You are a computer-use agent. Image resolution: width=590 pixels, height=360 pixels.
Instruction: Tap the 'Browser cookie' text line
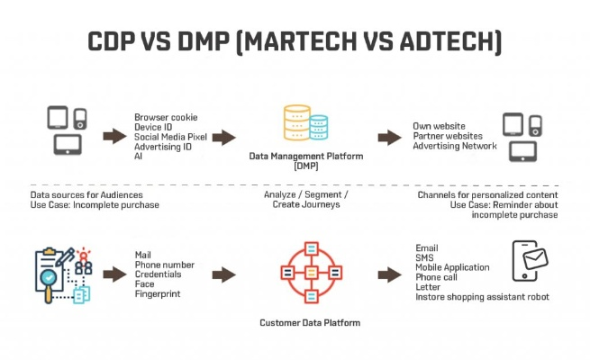pos(166,117)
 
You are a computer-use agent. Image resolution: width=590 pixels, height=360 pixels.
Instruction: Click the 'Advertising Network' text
pos(456,146)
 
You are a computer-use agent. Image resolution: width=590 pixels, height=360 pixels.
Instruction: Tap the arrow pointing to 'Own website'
pos(389,137)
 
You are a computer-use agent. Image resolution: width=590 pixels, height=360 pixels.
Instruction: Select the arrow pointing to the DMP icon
pos(223,137)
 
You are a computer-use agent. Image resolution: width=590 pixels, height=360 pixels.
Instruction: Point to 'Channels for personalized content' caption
pos(487,194)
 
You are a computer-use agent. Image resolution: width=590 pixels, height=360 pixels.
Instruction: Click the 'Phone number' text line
pos(165,265)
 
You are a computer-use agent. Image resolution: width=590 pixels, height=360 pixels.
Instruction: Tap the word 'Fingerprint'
pos(159,294)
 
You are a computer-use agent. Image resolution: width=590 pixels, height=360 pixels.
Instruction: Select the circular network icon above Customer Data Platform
pos(310,271)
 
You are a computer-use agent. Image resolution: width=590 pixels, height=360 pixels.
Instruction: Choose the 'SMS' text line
pos(424,257)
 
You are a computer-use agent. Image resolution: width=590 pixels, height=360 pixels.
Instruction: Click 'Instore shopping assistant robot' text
pos(482,297)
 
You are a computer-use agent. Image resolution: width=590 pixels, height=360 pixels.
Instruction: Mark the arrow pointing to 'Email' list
pos(389,271)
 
